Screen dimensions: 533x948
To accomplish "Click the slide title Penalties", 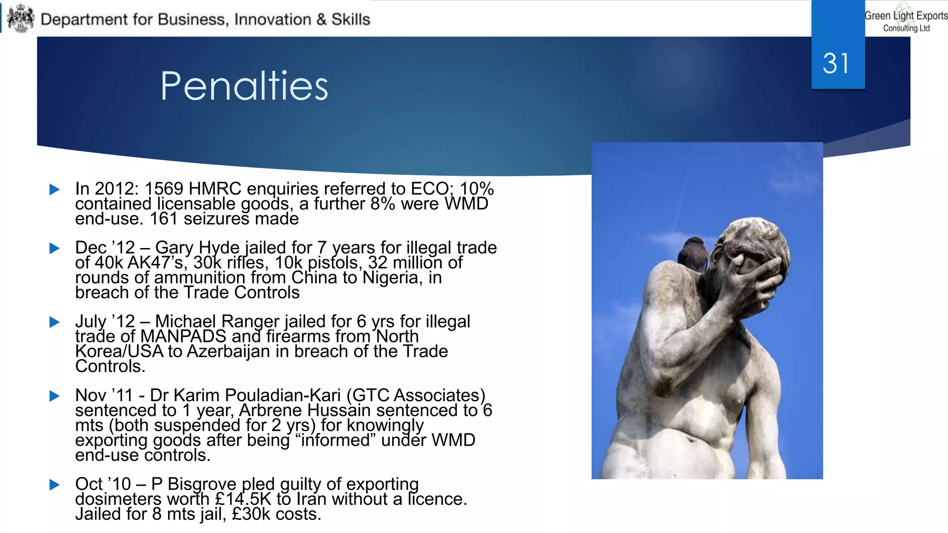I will [x=244, y=86].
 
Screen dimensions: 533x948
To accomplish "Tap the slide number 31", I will [x=836, y=63].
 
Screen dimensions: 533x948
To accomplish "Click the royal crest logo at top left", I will [x=21, y=19].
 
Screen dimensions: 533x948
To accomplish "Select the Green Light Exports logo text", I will [x=906, y=20].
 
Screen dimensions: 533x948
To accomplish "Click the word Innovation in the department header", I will [x=273, y=19].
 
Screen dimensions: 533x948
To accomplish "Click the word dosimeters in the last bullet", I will [x=118, y=499].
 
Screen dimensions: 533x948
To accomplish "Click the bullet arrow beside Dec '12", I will [x=55, y=248].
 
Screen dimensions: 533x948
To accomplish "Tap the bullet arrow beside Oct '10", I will [x=55, y=484].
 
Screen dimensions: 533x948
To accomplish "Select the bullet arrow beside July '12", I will [x=55, y=322].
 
